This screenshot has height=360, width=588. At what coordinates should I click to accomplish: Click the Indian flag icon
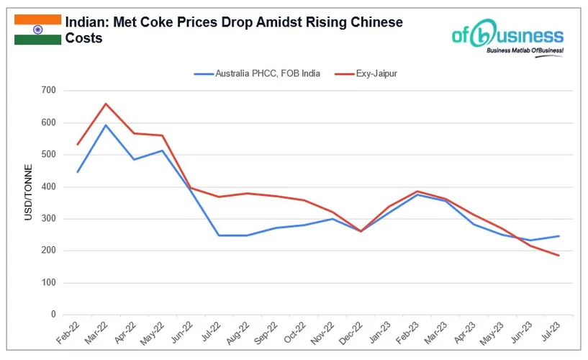tap(37, 30)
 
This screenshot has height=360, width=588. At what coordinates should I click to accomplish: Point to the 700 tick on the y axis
tap(48, 91)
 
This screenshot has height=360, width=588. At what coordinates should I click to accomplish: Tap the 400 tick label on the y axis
tap(48, 186)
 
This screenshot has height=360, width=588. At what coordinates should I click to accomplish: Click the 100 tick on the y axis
tap(48, 283)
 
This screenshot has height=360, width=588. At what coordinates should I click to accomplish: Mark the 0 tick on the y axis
tap(53, 315)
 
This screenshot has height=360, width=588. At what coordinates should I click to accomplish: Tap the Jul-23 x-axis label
tap(551, 335)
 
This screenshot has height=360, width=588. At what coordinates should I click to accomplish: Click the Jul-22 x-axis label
tap(212, 335)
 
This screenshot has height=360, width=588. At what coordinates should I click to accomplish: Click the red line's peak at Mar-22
tap(106, 104)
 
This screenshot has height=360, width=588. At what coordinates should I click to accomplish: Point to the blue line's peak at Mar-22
tap(106, 125)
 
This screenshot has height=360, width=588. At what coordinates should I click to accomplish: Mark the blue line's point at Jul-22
tap(219, 235)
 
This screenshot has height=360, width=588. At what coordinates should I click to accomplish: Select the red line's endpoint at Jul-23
tap(558, 256)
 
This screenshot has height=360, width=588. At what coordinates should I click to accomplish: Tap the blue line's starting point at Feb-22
tap(78, 172)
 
